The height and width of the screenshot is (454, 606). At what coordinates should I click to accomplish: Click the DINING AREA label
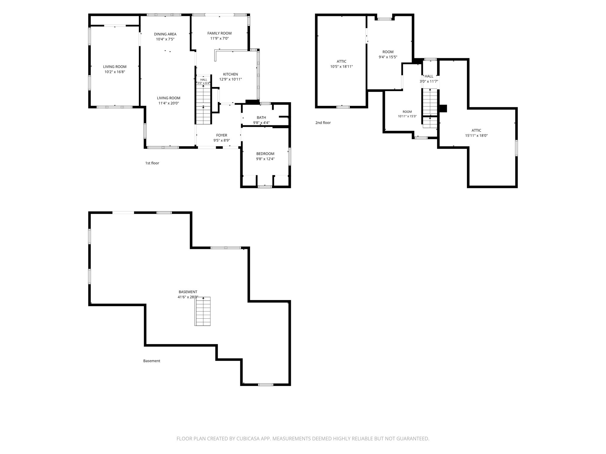[x=165, y=34]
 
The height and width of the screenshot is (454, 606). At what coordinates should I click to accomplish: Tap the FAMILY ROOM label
[x=220, y=33]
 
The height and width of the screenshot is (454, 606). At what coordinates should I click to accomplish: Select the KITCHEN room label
[x=231, y=74]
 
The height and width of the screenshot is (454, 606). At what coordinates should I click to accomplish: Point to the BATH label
[x=261, y=118]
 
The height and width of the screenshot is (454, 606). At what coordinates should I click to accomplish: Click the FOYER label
[x=222, y=135]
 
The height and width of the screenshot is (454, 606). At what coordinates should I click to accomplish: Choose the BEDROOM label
[x=265, y=154]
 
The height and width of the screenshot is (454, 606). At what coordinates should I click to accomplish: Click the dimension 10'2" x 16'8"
[x=115, y=72]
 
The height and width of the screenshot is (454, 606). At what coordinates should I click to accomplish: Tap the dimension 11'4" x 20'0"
[x=169, y=103]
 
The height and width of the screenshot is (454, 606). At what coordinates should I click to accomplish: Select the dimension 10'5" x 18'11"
[x=341, y=67]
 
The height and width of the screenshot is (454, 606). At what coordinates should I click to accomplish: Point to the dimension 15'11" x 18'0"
[x=476, y=136]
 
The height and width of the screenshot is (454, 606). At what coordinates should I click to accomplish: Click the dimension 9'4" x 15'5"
[x=388, y=57]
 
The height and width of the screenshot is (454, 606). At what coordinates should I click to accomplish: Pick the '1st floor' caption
[x=152, y=163]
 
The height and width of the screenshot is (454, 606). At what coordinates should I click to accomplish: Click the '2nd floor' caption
[x=323, y=123]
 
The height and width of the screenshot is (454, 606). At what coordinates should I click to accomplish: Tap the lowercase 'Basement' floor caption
[x=152, y=361]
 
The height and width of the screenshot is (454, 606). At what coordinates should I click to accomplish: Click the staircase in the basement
[x=202, y=311]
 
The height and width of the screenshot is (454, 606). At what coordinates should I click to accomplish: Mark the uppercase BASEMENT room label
[x=188, y=292]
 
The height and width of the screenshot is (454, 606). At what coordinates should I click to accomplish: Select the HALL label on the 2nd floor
[x=429, y=76]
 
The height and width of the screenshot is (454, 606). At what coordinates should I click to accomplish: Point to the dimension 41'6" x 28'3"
[x=188, y=297]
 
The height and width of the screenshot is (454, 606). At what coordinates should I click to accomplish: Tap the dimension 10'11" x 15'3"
[x=407, y=116]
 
